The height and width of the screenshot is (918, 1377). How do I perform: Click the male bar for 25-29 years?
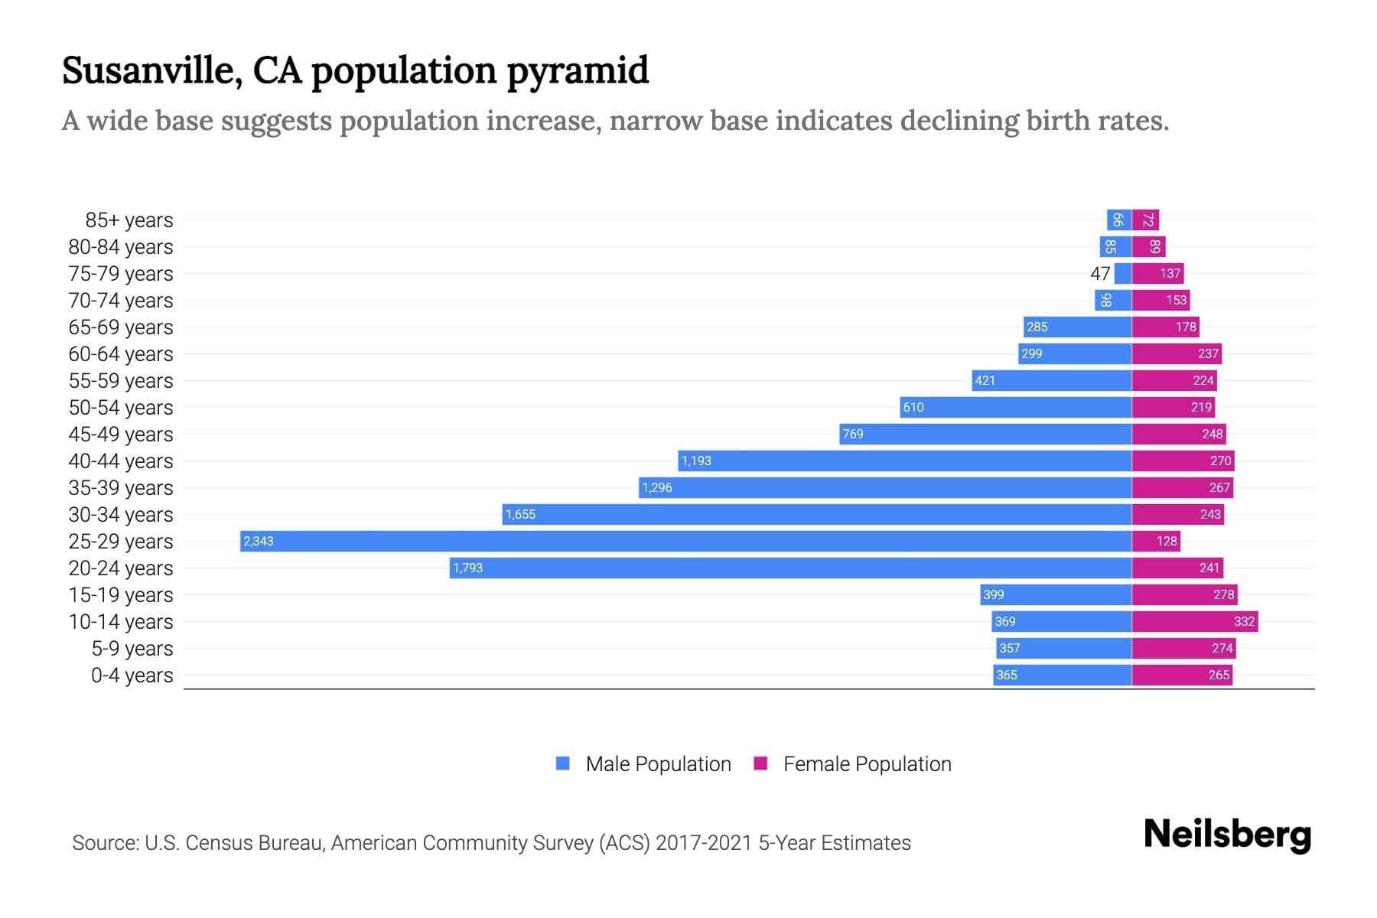pos(685,542)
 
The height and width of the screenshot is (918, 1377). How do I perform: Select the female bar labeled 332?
pos(1194,622)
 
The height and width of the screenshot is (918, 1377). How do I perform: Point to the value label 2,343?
pos(259,542)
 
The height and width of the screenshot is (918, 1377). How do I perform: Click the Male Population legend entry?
pos(643,764)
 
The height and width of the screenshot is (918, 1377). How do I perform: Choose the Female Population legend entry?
pos(852,764)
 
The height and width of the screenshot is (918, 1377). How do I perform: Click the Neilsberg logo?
pos(1227,835)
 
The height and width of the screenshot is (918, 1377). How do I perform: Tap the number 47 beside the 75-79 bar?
pos(1100,274)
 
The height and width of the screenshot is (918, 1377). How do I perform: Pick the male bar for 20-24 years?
pos(790,568)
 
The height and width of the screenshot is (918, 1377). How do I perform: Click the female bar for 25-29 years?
pos(1155,542)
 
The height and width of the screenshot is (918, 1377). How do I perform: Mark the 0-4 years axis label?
pos(132,675)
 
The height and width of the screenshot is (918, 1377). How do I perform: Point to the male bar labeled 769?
pos(985,435)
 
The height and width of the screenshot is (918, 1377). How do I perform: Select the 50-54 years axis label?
pos(121,408)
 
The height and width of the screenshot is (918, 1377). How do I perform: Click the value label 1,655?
pos(520,515)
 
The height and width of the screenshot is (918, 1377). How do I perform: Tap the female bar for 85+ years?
pos(1145,220)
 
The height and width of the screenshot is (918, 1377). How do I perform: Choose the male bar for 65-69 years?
pos(1077,327)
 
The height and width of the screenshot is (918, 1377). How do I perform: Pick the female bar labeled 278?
pos(1184,595)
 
